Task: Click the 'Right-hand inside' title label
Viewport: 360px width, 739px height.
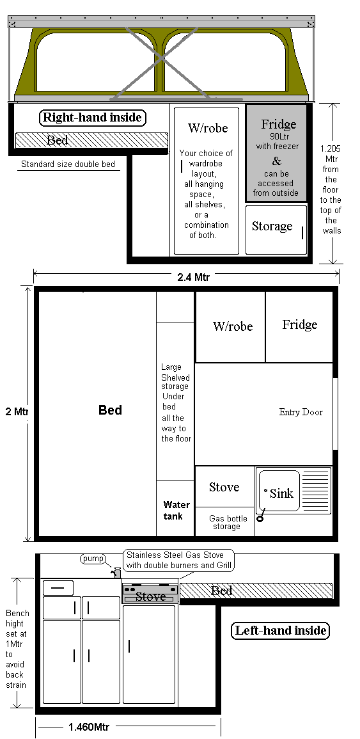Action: coord(92,117)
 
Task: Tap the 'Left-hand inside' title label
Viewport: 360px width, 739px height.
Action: coord(280,631)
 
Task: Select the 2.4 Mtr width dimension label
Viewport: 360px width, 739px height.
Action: coord(194,277)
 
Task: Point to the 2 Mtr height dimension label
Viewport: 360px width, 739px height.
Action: coord(17,411)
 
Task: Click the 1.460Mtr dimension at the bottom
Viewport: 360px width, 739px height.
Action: coord(89,727)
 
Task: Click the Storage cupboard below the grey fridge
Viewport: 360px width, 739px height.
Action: coord(276,230)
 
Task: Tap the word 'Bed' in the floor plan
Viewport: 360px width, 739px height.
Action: coord(110,410)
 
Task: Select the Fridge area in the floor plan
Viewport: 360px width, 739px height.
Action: coord(299,326)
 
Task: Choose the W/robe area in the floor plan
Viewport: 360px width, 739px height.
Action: coord(230,326)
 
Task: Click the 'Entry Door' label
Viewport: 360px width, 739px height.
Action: coord(301,413)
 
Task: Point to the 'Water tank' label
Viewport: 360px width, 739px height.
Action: coord(176,511)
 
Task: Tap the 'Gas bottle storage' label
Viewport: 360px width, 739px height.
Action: coord(228,522)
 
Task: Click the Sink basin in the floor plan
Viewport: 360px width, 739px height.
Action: coord(279,491)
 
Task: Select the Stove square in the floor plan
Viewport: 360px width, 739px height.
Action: coord(224,486)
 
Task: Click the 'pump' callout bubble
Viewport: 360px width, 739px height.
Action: coord(93,559)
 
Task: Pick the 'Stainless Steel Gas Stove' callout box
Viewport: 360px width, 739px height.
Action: coord(179,559)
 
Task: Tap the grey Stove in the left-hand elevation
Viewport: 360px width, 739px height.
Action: coord(150,594)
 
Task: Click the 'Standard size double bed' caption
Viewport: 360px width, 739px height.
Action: coord(68,164)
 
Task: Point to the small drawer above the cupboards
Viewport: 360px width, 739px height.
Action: coord(58,588)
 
